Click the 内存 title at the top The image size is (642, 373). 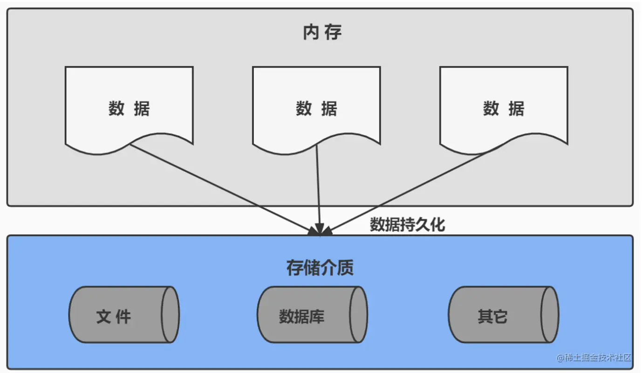[322, 33]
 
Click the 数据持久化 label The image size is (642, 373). [407, 225]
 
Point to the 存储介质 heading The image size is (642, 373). [320, 268]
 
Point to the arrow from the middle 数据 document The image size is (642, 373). [318, 186]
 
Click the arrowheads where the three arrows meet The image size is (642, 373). [320, 230]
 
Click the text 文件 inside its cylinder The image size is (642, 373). [114, 317]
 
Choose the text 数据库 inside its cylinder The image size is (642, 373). [301, 317]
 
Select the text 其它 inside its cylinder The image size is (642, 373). [492, 317]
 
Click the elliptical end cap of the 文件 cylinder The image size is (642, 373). [170, 315]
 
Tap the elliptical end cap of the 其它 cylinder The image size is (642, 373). [550, 315]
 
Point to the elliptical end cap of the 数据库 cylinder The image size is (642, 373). [358, 315]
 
